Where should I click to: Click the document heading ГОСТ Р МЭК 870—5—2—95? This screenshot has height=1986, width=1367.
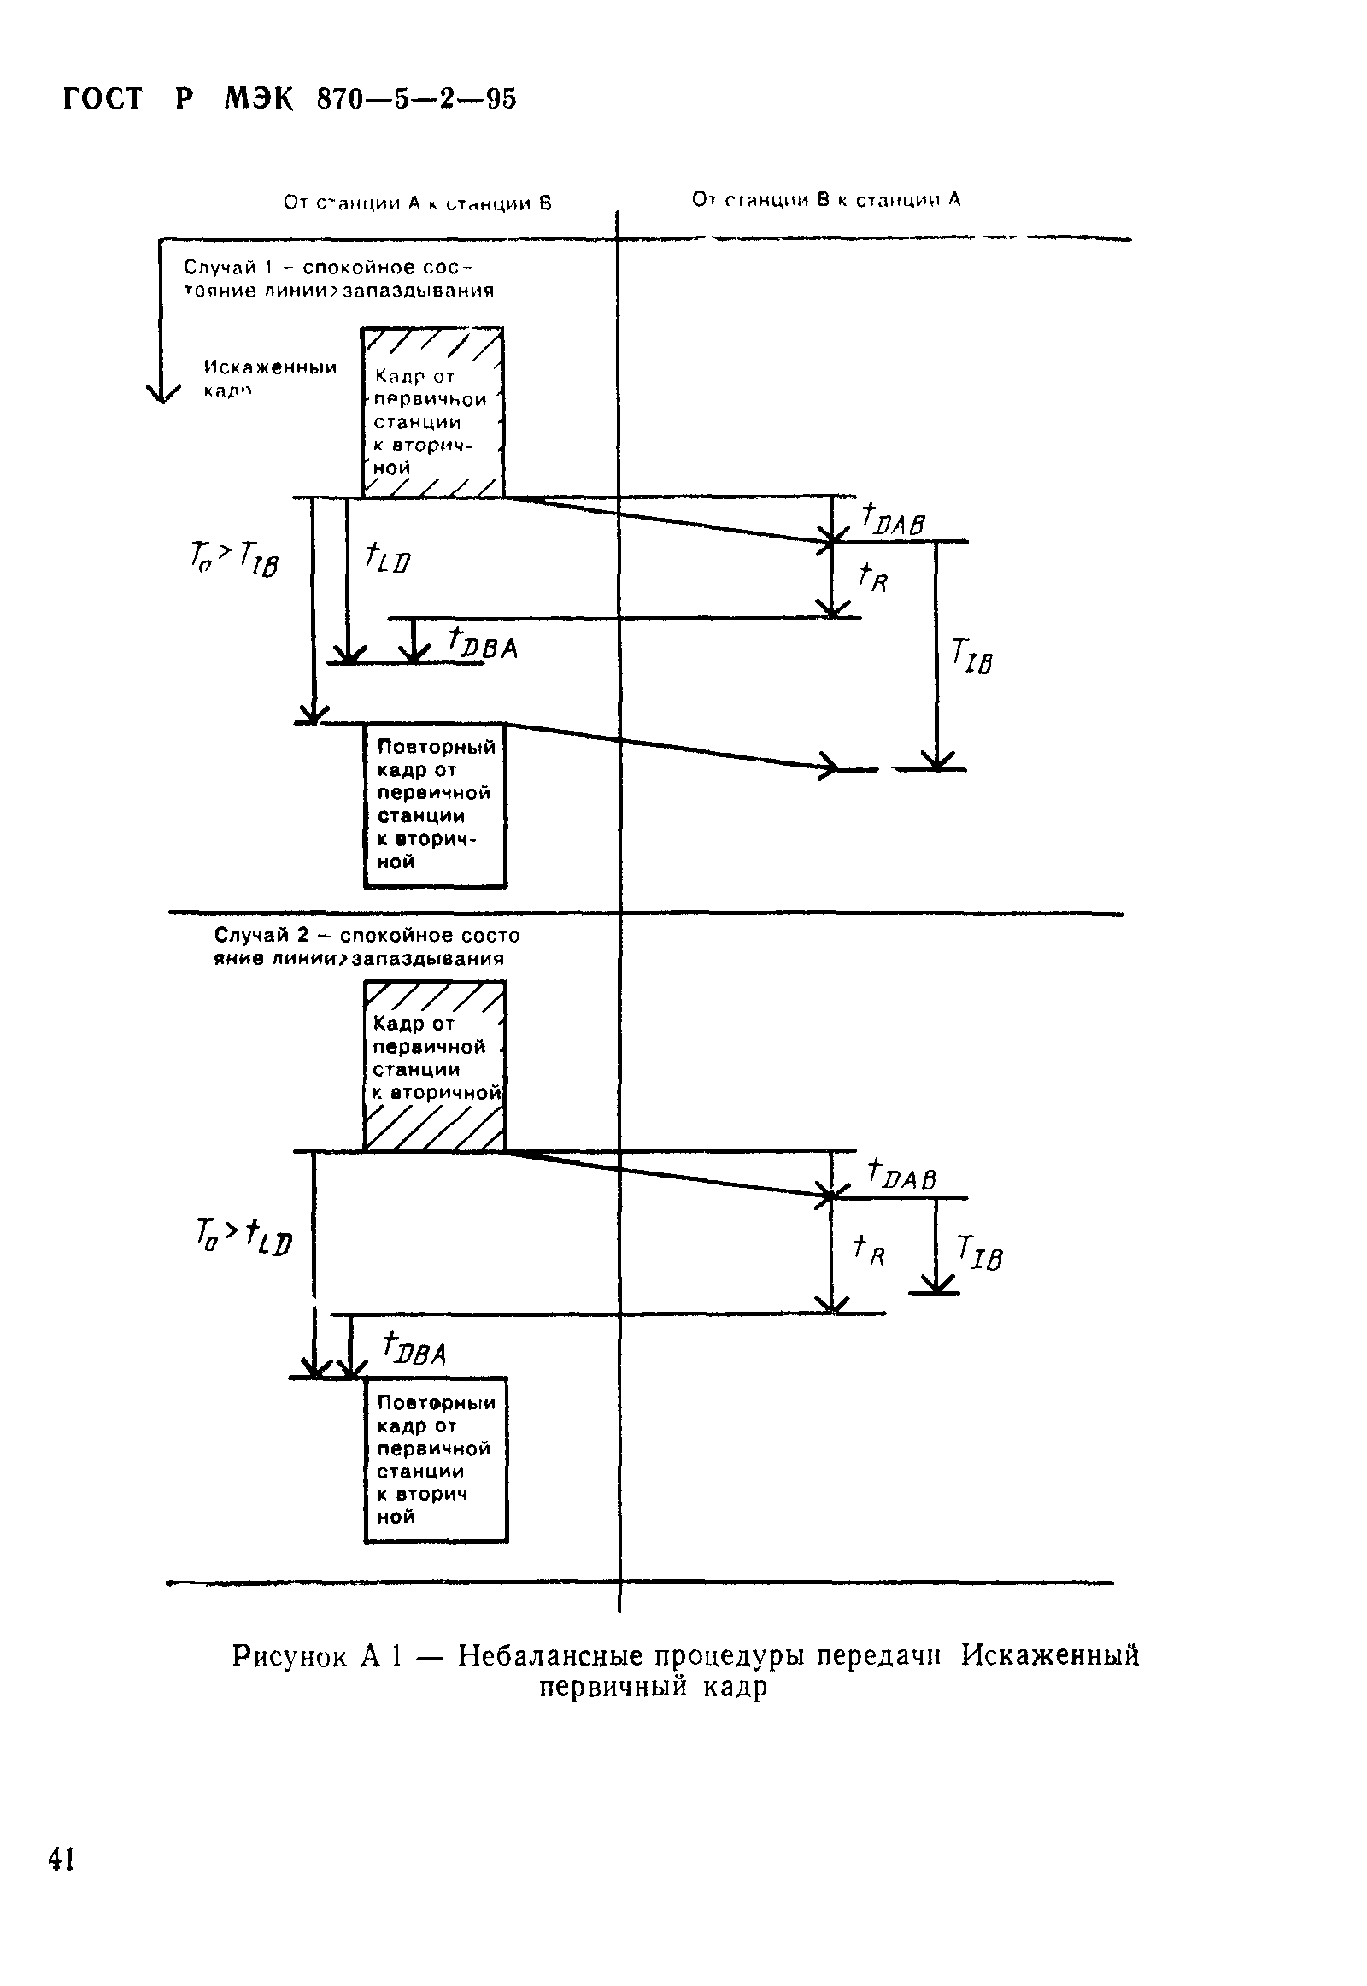(290, 99)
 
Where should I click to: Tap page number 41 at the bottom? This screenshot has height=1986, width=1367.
(62, 1860)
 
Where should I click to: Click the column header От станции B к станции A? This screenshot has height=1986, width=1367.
(825, 200)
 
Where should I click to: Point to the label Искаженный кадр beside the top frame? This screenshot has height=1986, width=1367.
(269, 378)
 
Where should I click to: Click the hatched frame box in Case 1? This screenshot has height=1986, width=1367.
(432, 412)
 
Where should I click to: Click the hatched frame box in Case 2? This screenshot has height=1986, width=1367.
(435, 1065)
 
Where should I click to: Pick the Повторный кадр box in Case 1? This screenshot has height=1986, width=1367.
(435, 805)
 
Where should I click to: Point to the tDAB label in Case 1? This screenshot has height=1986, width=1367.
(893, 519)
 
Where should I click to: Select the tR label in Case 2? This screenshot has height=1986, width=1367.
(869, 1250)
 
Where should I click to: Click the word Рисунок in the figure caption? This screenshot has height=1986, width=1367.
(289, 1656)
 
